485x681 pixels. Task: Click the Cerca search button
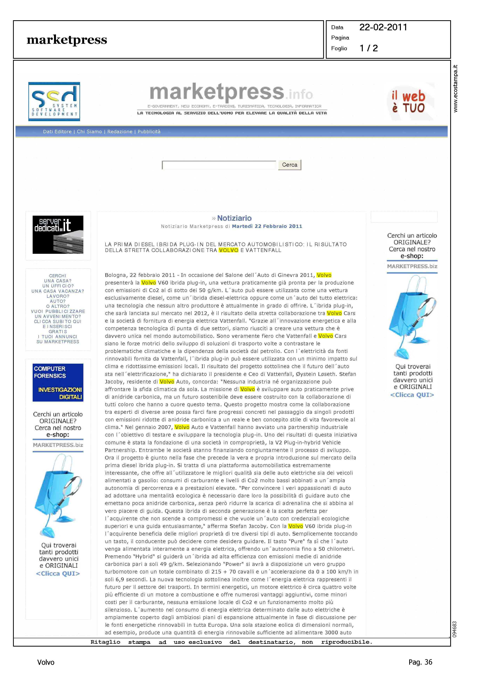(x=289, y=165)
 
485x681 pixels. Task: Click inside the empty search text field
(x=219, y=165)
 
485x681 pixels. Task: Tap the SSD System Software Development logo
(x=54, y=102)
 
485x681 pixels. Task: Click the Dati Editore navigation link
(x=57, y=131)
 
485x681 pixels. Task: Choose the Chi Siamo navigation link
(x=89, y=131)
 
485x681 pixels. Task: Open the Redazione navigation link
(x=120, y=131)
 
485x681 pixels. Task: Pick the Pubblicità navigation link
(x=149, y=131)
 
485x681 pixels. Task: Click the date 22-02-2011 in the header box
(x=383, y=27)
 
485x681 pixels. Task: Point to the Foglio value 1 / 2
(x=369, y=48)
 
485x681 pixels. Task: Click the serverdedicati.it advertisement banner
(x=58, y=235)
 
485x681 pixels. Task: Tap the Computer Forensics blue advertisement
(x=58, y=383)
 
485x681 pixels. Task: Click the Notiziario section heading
(x=234, y=218)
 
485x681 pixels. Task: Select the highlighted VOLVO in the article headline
(x=229, y=250)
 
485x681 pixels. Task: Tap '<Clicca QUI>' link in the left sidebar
(x=58, y=573)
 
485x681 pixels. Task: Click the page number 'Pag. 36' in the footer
(x=420, y=662)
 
